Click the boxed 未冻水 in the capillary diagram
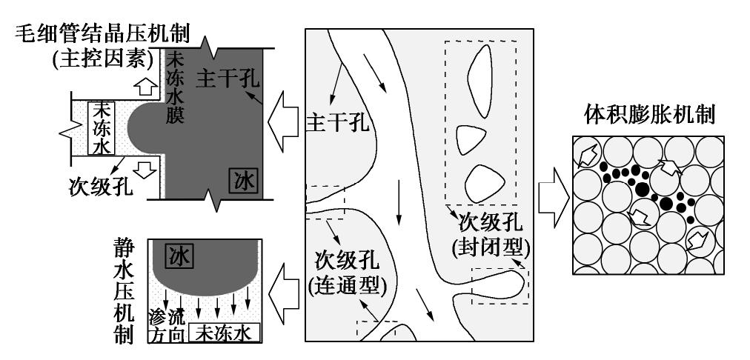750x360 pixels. tap(99, 127)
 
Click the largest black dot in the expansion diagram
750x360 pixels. tap(641, 190)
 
